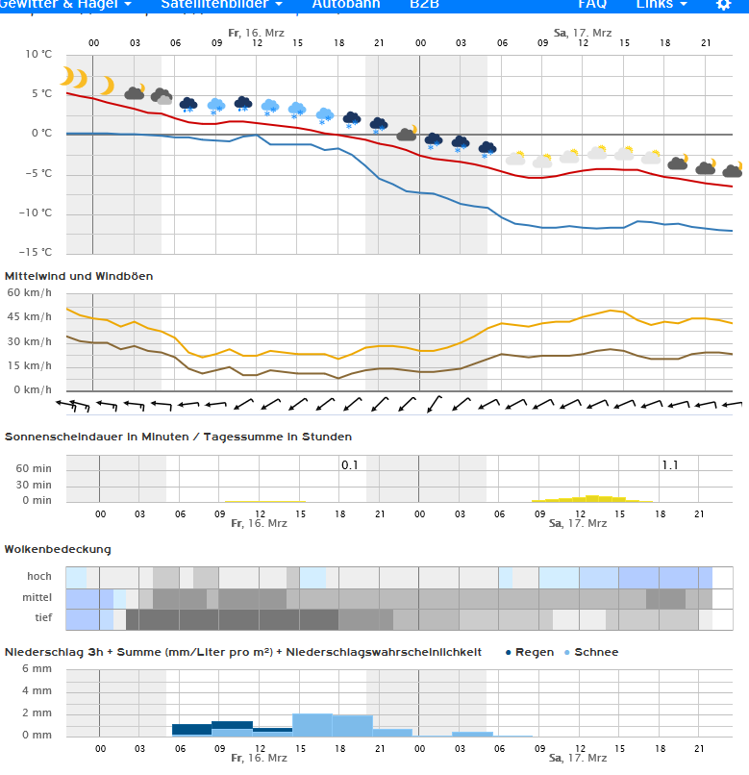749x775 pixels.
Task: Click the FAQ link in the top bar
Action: (x=592, y=4)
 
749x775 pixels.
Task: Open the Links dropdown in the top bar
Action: (x=662, y=4)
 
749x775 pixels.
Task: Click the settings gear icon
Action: (x=724, y=5)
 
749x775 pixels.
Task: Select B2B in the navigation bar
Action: (x=425, y=4)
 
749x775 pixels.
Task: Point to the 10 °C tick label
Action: (x=39, y=54)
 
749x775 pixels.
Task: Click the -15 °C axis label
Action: (x=37, y=252)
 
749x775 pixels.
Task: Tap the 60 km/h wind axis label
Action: (x=30, y=292)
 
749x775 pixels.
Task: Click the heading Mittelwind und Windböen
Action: (x=79, y=276)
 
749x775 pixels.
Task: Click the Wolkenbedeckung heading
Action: (x=58, y=549)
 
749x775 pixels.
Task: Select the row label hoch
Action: (x=39, y=577)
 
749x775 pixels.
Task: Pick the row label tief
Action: (x=43, y=617)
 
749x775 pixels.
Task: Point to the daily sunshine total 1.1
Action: (x=669, y=465)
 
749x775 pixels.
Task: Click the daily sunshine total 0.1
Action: (x=350, y=465)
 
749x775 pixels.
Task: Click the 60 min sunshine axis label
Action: (x=35, y=468)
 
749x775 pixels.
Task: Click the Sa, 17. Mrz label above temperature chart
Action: (x=582, y=33)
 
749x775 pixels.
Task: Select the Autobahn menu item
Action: (x=346, y=4)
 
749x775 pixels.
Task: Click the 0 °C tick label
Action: (x=41, y=134)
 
